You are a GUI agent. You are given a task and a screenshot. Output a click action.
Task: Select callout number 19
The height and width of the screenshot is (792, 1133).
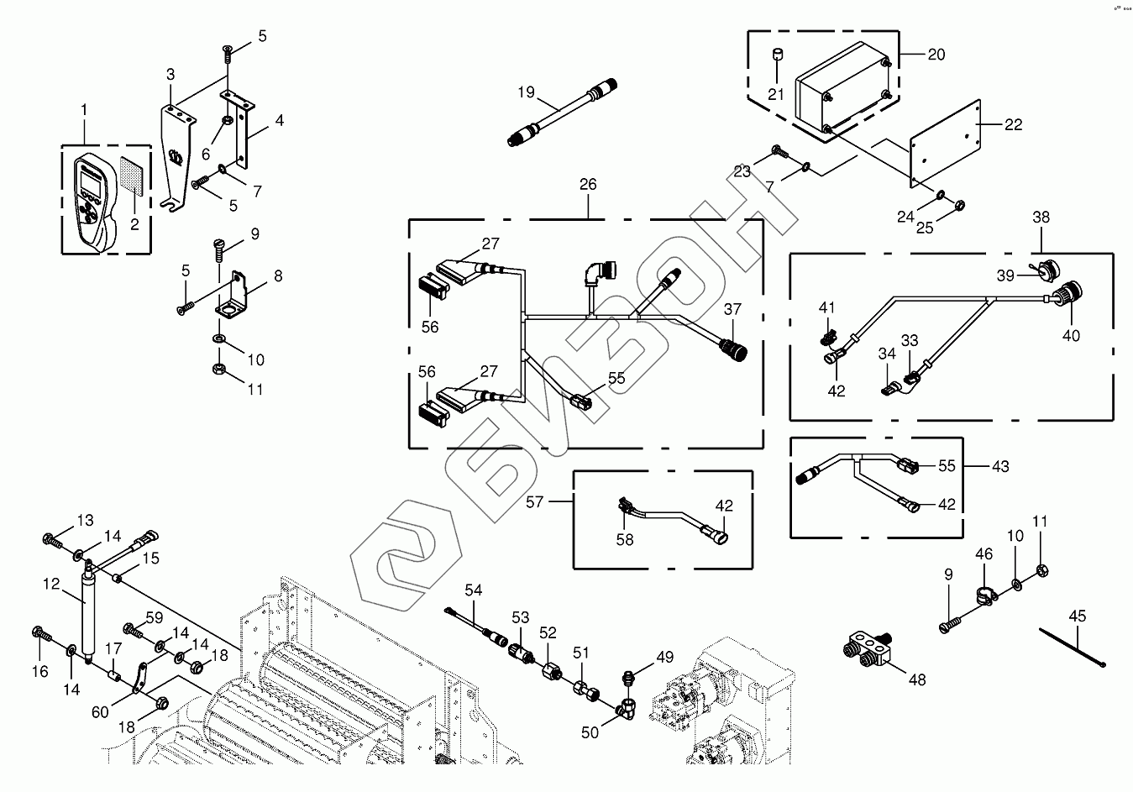[x=527, y=92]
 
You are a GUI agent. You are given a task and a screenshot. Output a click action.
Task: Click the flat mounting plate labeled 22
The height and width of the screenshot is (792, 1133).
[x=947, y=143]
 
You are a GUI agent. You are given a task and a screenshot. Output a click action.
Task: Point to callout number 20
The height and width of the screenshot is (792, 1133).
[x=936, y=55]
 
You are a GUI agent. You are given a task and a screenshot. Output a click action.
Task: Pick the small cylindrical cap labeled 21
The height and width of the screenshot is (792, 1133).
[x=777, y=56]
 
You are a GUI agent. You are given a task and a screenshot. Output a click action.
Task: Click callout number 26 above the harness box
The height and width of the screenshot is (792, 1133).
[x=588, y=184]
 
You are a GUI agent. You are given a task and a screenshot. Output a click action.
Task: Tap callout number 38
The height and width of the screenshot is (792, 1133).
[x=1041, y=217]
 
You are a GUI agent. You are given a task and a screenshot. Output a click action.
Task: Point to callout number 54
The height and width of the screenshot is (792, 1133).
[x=474, y=590]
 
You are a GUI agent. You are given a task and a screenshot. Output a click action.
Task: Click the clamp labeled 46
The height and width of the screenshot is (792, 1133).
[x=984, y=595]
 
